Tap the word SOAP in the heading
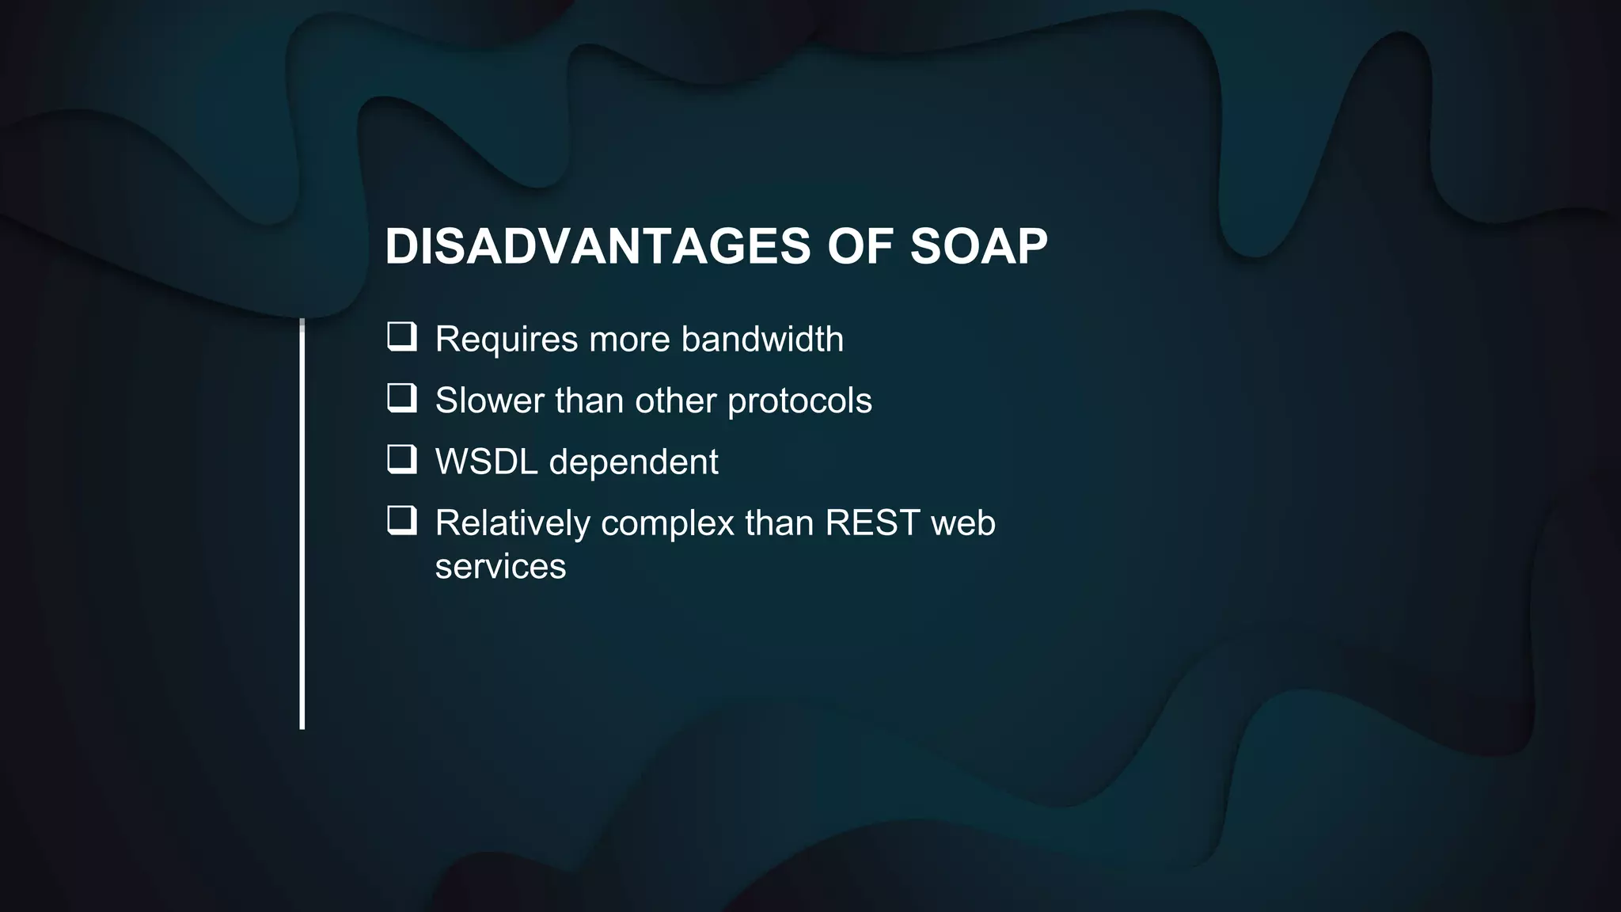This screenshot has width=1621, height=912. (x=978, y=246)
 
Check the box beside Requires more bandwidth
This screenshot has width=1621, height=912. (x=402, y=336)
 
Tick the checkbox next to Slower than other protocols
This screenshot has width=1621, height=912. (x=402, y=398)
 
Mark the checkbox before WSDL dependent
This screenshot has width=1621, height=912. (x=402, y=459)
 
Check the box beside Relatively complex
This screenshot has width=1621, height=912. (x=402, y=520)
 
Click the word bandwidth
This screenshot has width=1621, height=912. (x=762, y=339)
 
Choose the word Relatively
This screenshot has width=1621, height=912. (x=512, y=523)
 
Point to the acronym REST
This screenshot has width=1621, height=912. (x=872, y=522)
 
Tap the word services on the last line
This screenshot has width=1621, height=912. (x=500, y=567)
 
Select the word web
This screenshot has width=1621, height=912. (x=963, y=522)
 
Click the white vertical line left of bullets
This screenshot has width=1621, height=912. (x=302, y=522)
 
